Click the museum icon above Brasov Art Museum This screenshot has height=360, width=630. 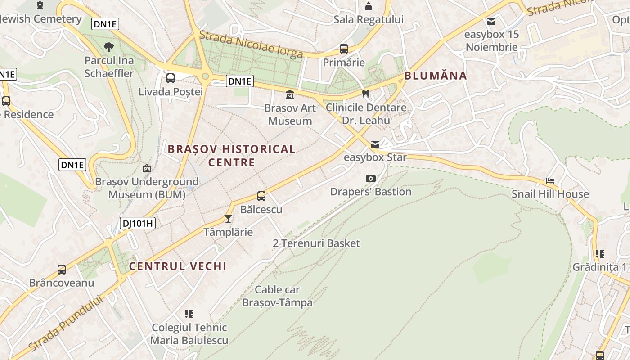point(289,95)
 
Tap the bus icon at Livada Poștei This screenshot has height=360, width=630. point(171,78)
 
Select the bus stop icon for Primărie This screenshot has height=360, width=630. point(344,49)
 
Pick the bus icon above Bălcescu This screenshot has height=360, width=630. point(261,196)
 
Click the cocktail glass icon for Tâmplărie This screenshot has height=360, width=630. point(228,219)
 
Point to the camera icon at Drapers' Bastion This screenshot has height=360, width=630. point(371,178)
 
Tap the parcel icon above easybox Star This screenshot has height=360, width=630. point(375,144)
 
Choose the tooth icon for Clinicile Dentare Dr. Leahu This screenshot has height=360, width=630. point(366,94)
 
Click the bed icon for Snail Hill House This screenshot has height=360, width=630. point(550,181)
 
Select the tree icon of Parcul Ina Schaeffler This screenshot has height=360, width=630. point(108,47)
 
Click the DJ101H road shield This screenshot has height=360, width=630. point(138,223)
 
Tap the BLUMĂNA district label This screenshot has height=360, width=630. point(436,76)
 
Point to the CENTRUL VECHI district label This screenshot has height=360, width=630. point(178,266)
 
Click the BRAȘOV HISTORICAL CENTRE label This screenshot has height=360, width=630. point(232,155)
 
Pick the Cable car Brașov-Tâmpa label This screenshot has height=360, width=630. point(277,296)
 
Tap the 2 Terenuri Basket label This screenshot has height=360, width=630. point(316,243)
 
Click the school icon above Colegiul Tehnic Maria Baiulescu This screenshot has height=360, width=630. point(189,314)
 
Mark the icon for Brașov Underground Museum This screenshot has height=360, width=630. point(147,168)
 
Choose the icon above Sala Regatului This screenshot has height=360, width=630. point(369,6)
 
